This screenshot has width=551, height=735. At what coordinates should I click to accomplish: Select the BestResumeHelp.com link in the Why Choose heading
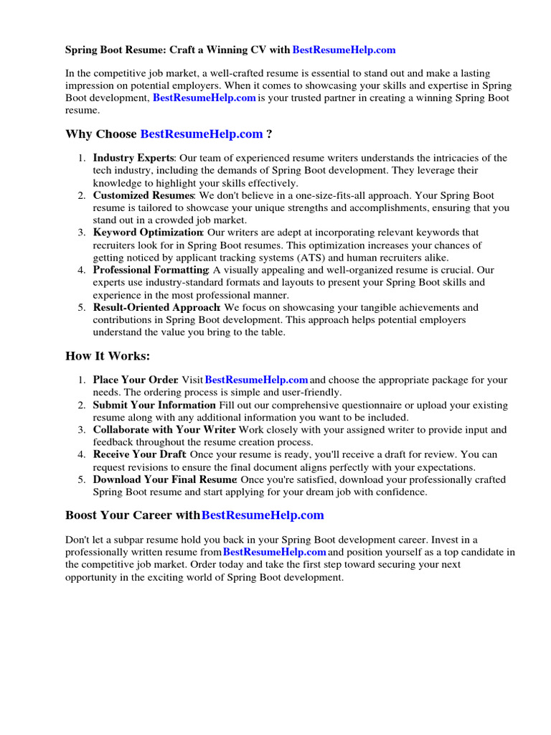202,134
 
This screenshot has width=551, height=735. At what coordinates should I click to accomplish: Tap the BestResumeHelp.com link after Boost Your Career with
263,515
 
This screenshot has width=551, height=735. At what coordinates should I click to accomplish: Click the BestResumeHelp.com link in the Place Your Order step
257,380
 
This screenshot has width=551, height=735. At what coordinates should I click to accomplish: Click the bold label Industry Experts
133,158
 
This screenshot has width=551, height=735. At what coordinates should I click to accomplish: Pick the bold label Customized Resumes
143,195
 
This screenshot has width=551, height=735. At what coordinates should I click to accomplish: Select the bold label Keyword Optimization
148,233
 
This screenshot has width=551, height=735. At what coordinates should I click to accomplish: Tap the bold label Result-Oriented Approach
156,307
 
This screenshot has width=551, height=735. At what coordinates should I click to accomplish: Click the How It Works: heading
108,357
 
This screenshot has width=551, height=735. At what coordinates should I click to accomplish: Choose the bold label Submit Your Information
154,406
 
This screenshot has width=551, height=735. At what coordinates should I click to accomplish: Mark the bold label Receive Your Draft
139,454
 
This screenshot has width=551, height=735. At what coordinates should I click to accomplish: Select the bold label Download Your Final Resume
164,479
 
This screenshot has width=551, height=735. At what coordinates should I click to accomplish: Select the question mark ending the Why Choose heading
269,134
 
